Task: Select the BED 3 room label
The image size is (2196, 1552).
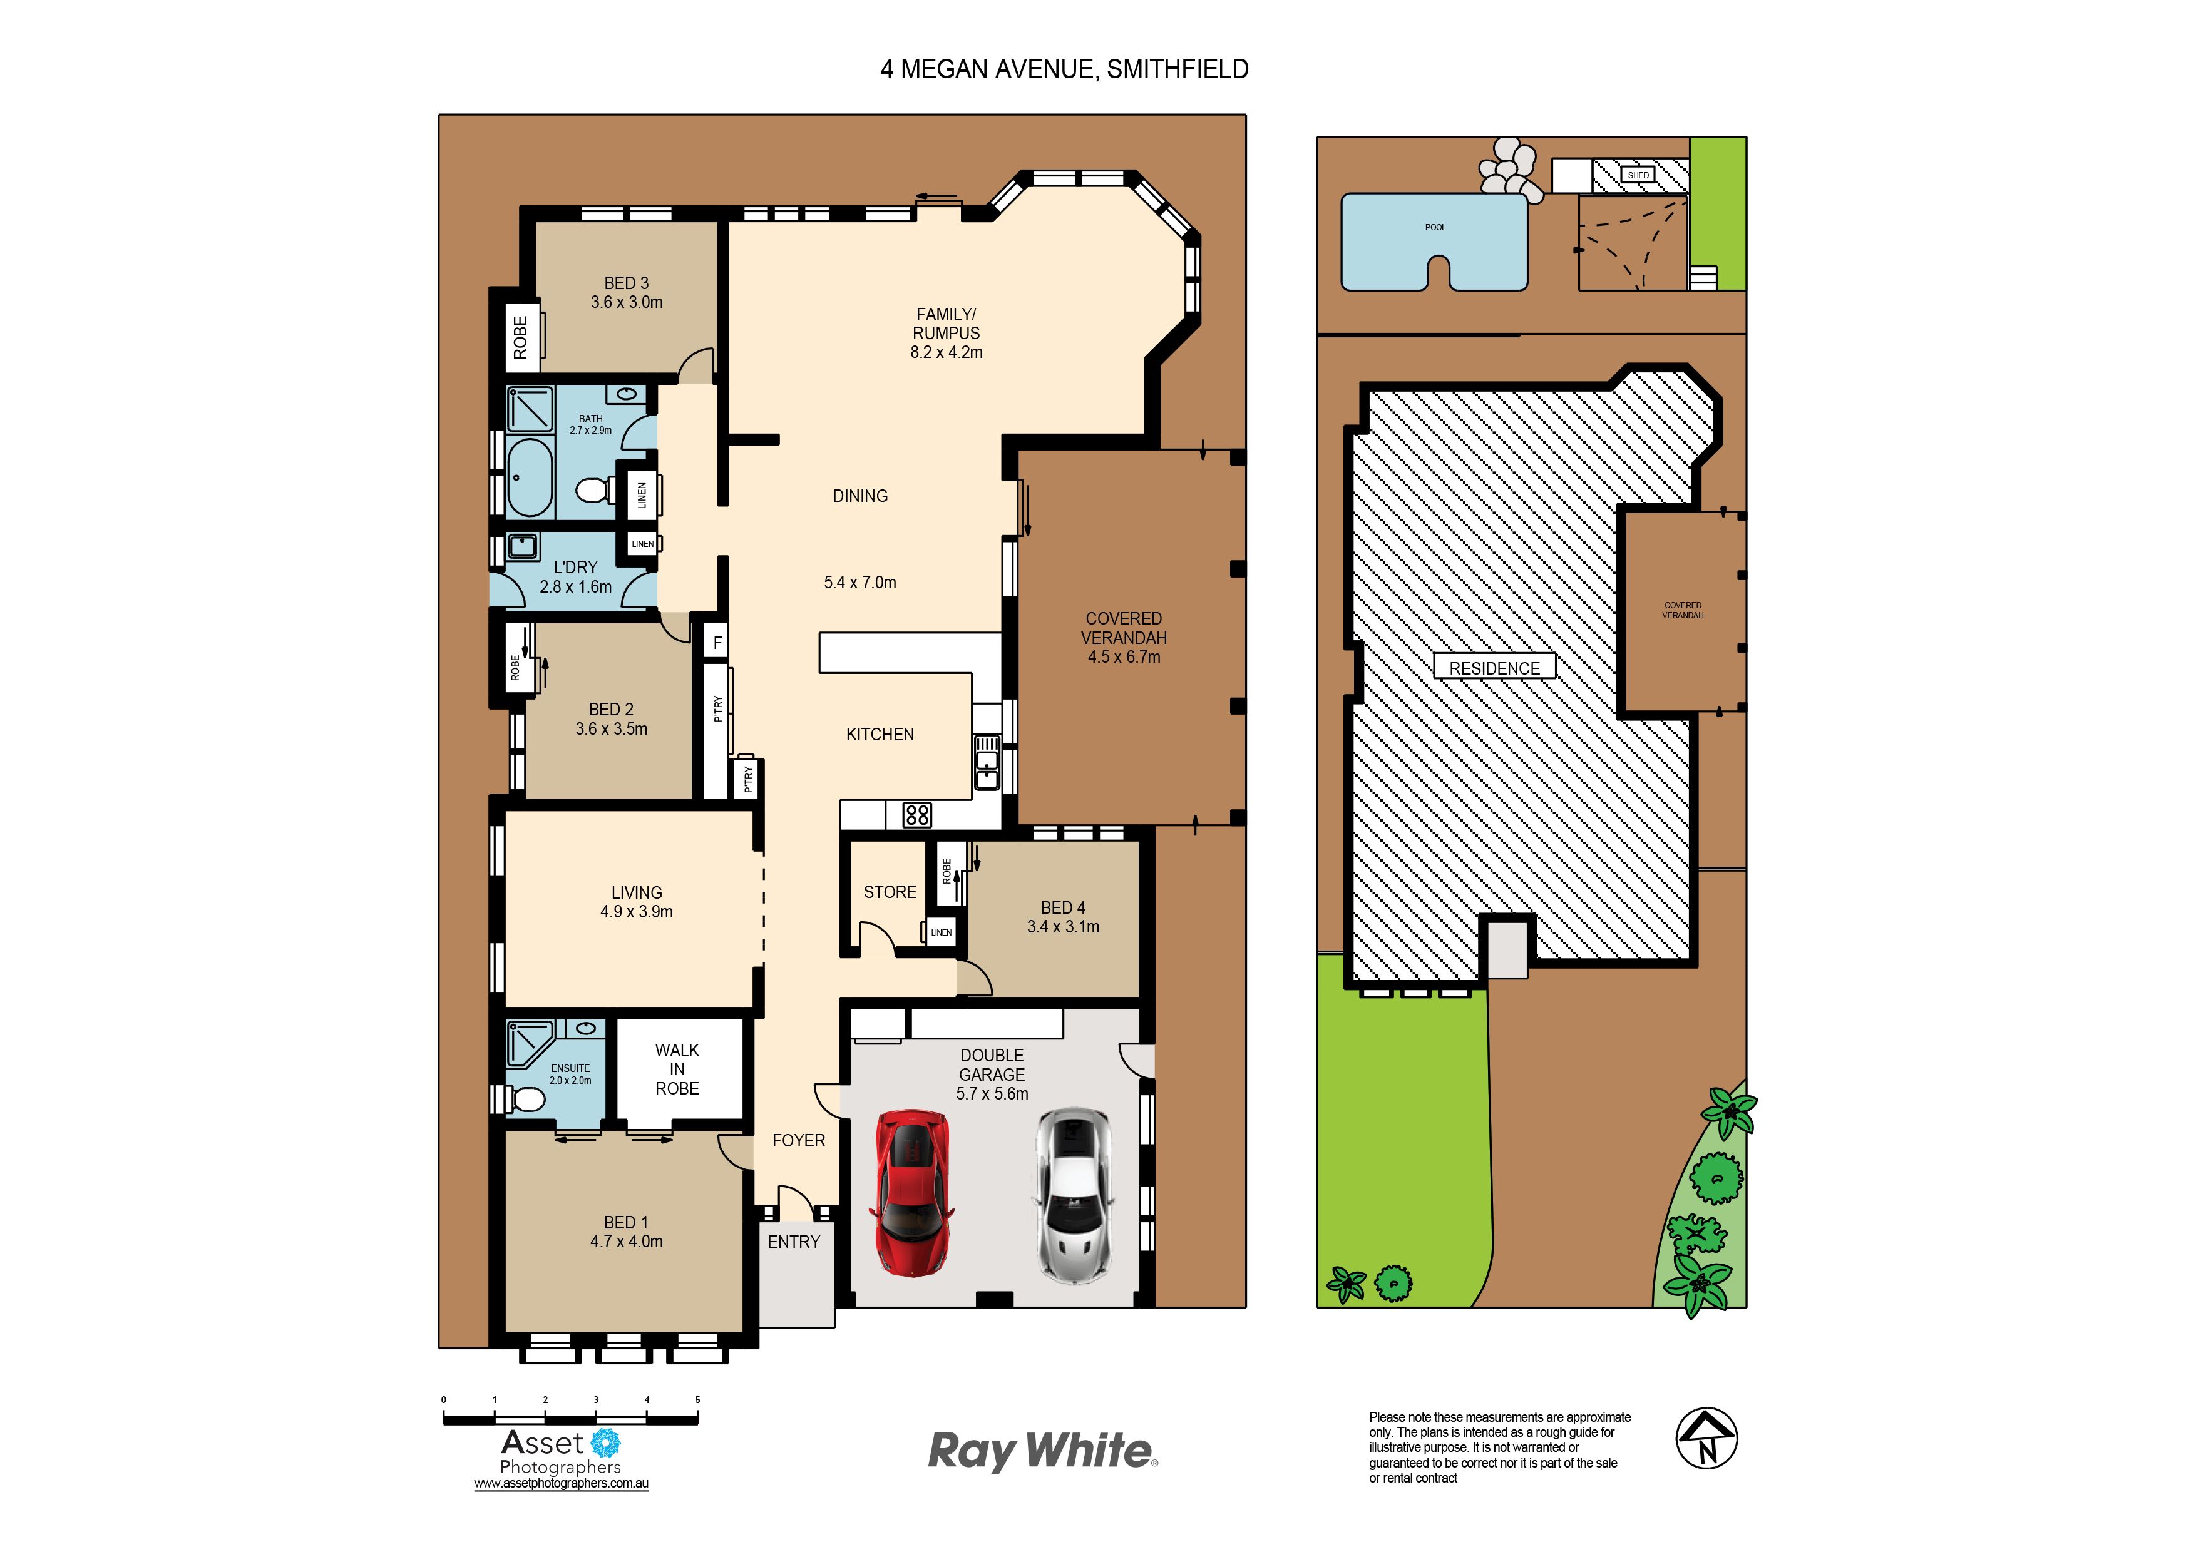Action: coord(627,283)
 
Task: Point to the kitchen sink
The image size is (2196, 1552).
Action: coord(986,762)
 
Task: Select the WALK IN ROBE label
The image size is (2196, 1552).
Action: coord(677,1069)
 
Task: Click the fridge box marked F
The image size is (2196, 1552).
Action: coord(717,643)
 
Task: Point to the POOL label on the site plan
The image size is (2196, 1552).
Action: coord(1435,228)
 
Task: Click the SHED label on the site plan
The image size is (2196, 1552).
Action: coord(1638,175)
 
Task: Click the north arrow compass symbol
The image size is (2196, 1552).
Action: coord(1706,1437)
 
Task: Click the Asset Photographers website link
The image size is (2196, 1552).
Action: coord(562,1483)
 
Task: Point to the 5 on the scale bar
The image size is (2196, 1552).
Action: coord(697,1400)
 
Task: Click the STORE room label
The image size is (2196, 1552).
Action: coord(890,892)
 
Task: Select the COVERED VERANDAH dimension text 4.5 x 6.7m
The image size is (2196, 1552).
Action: coord(1124,657)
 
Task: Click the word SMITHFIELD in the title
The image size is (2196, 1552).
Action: coord(1178,69)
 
